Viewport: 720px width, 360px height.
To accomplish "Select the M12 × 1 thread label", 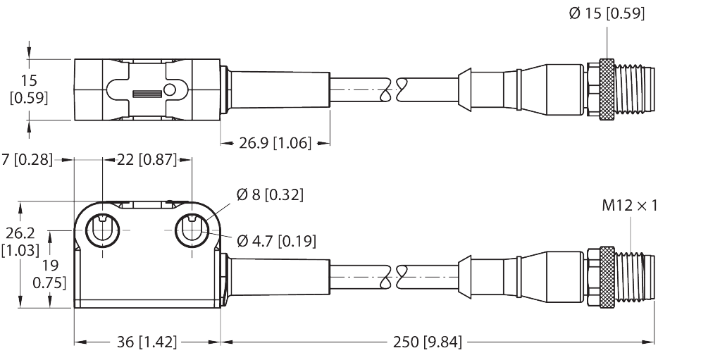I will coord(629,206).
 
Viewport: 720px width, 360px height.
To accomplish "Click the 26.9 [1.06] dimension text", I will coord(274,144).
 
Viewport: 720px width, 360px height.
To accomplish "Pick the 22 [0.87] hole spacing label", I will coord(147,160).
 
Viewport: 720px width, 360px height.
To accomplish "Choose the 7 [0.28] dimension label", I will coord(27,160).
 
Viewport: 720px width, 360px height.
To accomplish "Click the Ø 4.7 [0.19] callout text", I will coord(276,241).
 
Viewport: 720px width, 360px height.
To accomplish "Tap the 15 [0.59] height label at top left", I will coord(29,89).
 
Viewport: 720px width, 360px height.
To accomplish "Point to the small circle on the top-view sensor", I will coord(170,89).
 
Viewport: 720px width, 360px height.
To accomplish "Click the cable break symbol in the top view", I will coord(394,89).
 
